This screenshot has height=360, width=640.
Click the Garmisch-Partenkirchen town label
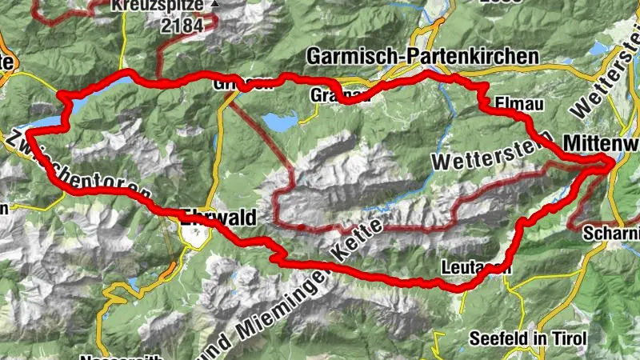[422, 55]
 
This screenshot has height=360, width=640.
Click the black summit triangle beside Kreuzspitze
[214, 5]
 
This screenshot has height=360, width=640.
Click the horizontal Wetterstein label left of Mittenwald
[479, 156]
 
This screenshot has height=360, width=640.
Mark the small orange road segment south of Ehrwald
[166, 274]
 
